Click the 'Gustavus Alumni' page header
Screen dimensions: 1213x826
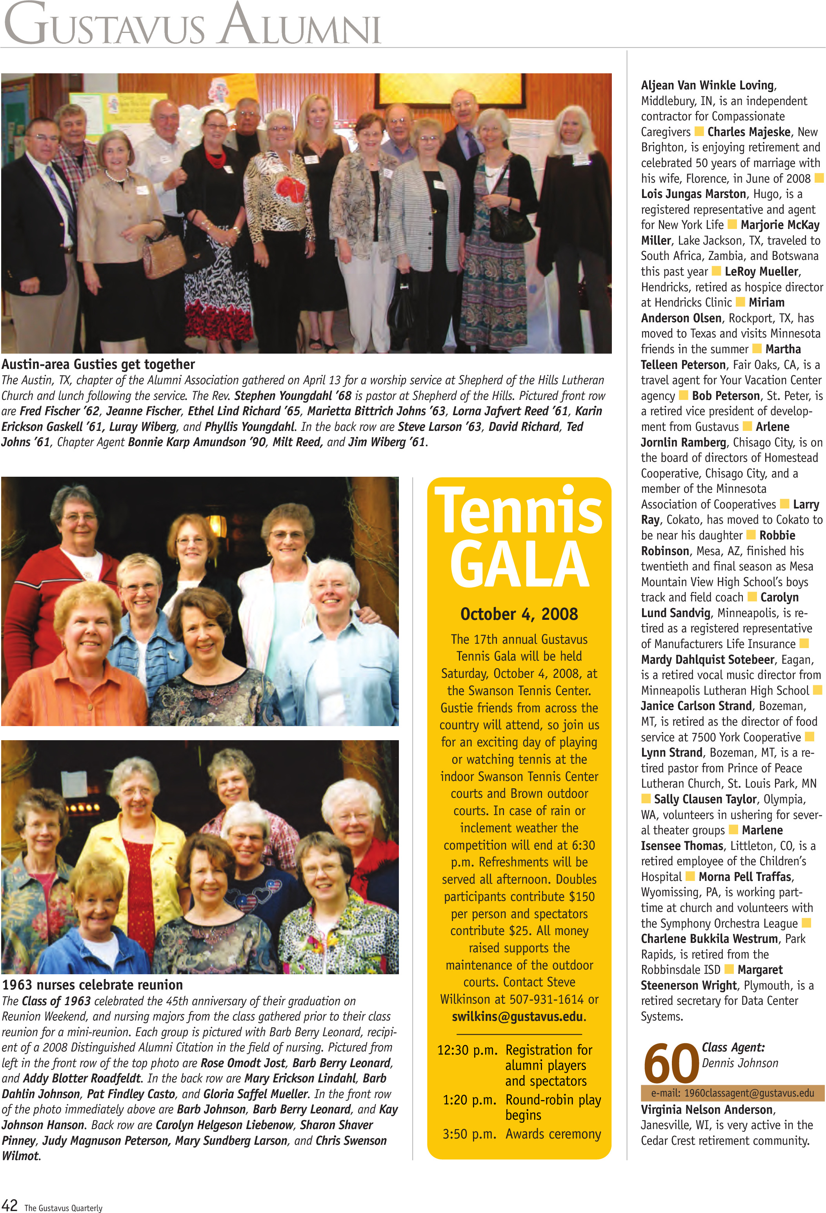[x=192, y=25]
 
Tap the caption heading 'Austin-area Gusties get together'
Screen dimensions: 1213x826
[x=98, y=364]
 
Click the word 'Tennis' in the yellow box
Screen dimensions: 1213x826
[x=519, y=510]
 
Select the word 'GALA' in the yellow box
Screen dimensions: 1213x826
[x=519, y=564]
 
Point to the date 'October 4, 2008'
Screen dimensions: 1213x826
[x=519, y=614]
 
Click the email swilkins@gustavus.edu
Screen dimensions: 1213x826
[x=519, y=1016]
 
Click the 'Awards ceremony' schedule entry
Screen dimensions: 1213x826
[x=553, y=1134]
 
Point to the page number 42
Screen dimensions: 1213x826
[x=10, y=1205]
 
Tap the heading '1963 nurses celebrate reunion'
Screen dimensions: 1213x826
[x=93, y=985]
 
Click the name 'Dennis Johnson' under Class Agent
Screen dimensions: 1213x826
[x=740, y=1063]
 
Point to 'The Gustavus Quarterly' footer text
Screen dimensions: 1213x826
[x=63, y=1207]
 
